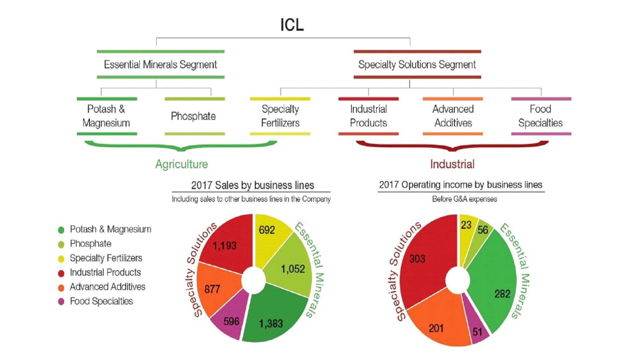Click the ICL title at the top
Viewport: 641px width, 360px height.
click(x=292, y=25)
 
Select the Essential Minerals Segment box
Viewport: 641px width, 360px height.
click(x=161, y=64)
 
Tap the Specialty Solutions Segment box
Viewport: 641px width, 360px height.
click(x=417, y=64)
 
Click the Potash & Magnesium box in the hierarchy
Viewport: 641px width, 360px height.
click(x=106, y=116)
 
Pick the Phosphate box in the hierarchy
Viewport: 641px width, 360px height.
click(x=194, y=116)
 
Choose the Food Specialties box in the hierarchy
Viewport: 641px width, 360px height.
click(x=540, y=116)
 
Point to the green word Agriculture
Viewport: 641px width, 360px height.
click(x=182, y=164)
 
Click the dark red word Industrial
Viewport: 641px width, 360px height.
click(x=452, y=164)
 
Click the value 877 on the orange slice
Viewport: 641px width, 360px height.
click(x=212, y=289)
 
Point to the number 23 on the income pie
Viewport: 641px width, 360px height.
click(x=466, y=225)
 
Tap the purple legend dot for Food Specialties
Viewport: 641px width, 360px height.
click(x=61, y=301)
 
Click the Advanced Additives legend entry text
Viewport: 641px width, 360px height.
click(x=107, y=287)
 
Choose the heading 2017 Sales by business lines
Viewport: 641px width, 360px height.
click(x=252, y=185)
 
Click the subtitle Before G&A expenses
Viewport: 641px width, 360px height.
click(x=464, y=199)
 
